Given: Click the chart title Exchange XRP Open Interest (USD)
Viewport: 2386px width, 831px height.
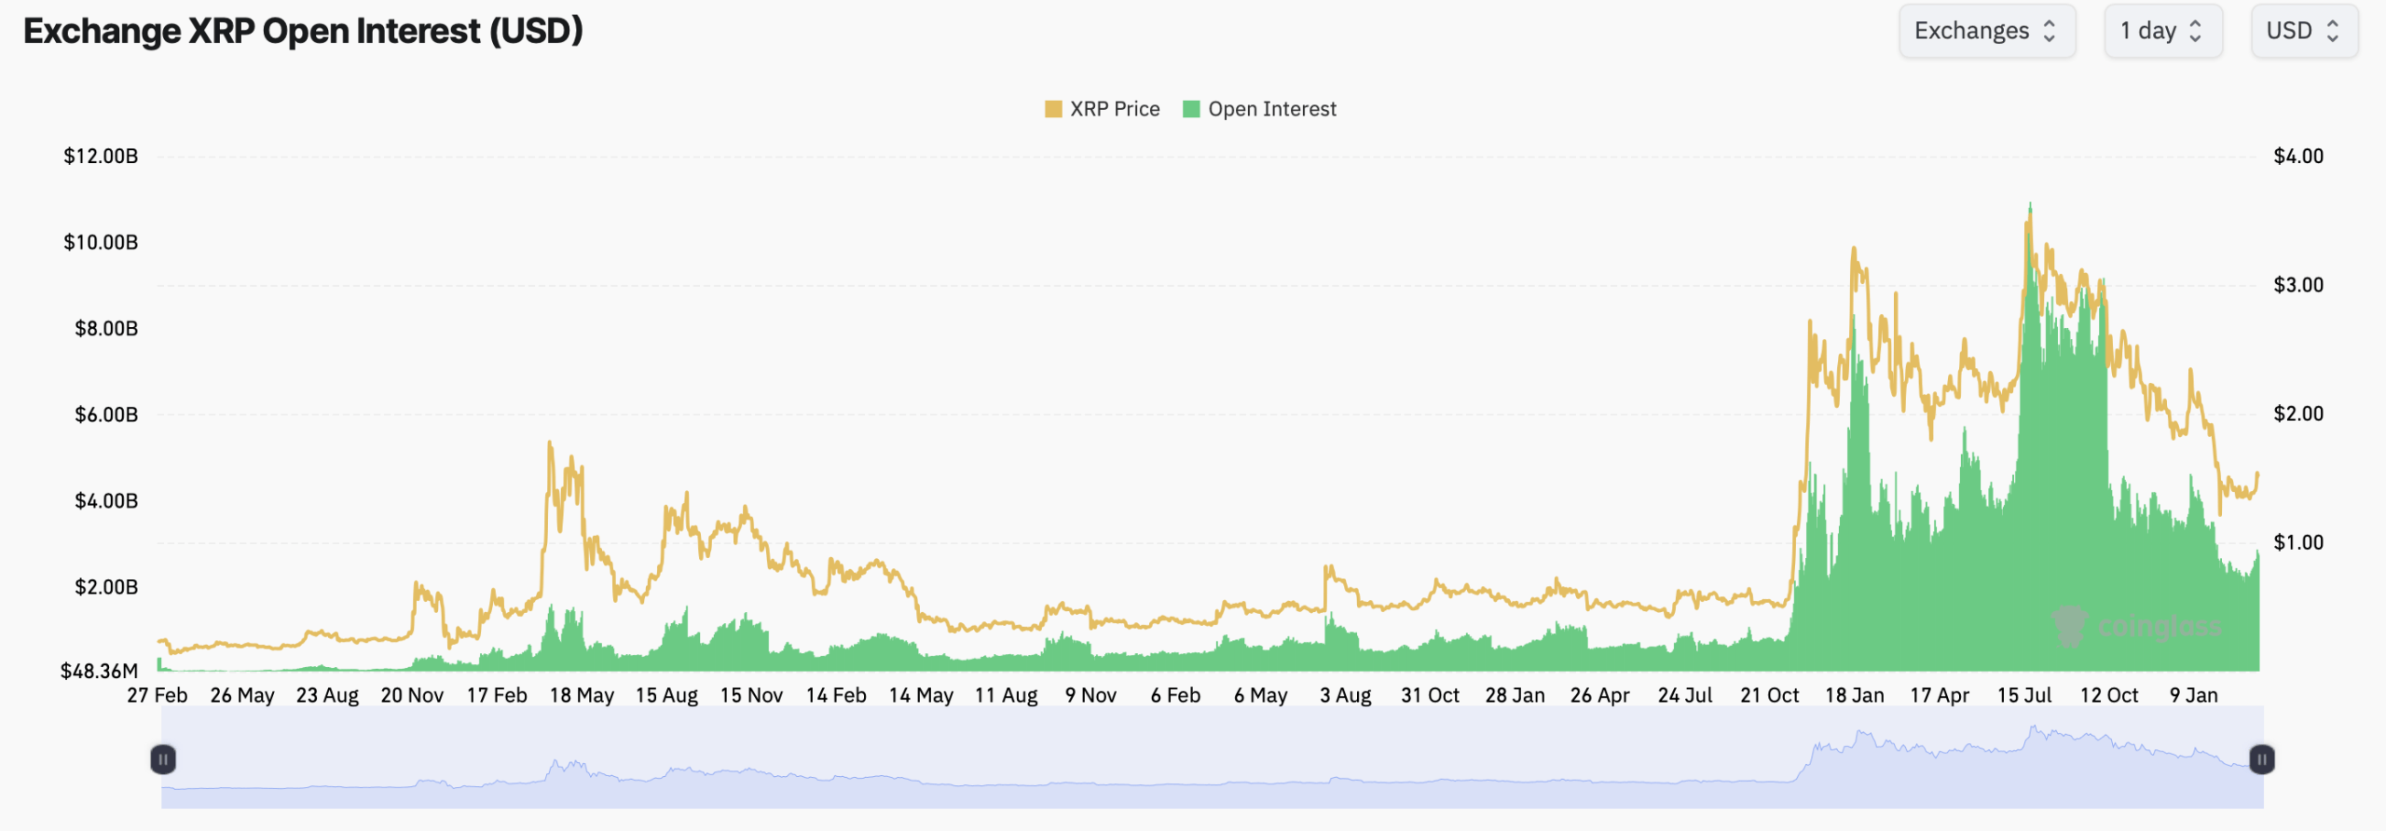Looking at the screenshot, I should coord(303,32).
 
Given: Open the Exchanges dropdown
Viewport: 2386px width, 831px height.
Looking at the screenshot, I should coord(1986,32).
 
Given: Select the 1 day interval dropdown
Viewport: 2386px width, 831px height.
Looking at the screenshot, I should coord(2162,32).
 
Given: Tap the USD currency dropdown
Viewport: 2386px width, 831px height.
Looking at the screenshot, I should coord(2303,32).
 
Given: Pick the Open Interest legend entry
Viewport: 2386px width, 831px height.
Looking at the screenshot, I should coord(1260,109).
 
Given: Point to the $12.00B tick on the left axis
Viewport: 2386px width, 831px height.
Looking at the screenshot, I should coord(101,157).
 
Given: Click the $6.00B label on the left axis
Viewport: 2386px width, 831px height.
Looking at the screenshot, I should coord(106,415).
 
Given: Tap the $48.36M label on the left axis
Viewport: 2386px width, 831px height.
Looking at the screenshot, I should coord(99,671).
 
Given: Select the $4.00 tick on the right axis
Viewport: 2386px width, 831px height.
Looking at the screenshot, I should coord(2298,157).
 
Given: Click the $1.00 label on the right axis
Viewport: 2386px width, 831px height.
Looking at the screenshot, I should coord(2298,542).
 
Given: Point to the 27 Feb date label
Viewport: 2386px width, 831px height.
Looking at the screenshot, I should coord(158,695).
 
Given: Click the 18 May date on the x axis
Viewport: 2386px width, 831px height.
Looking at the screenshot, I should coord(582,695).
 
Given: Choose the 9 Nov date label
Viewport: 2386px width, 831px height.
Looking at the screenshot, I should coord(1090,695).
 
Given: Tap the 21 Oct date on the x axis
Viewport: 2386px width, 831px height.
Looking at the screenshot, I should coord(1769,695).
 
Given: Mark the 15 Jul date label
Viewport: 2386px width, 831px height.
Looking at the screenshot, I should coord(2024,695).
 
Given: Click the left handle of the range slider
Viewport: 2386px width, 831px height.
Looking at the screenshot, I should coord(163,759).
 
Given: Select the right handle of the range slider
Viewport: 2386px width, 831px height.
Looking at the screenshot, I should coord(2262,759).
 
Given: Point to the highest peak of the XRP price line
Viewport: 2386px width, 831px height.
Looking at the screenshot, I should coord(2030,205).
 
